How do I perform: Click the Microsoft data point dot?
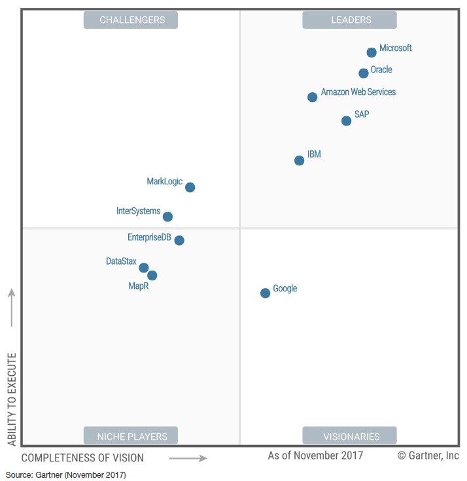point(372,52)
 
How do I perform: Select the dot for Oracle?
point(364,73)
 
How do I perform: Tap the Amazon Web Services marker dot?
point(312,97)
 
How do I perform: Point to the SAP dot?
point(347,120)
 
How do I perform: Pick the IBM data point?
point(299,160)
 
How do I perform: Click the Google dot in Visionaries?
point(265,293)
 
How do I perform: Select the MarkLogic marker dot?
point(190,187)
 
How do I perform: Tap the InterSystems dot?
point(167,216)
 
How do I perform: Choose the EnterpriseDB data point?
point(179,240)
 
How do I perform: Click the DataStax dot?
point(144,267)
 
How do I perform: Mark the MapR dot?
point(152,275)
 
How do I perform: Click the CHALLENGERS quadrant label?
point(132,20)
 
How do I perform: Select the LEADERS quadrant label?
point(349,20)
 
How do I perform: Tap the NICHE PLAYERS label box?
point(131,436)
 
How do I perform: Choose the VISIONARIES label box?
point(351,436)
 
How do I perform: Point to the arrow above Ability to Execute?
point(12,308)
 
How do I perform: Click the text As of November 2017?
point(315,456)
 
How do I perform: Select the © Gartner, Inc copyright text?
point(428,456)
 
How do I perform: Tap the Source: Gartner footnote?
point(65,474)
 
